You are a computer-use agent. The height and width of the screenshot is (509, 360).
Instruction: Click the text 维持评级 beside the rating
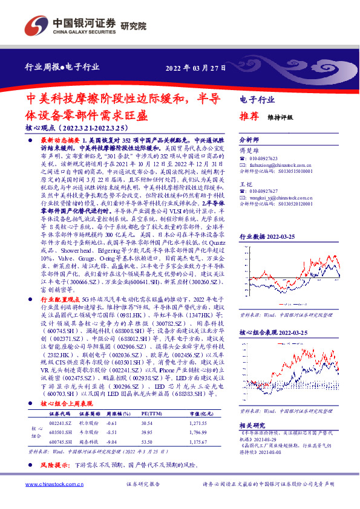(x=280, y=117)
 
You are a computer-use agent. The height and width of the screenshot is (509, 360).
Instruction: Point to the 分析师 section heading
(x=249, y=138)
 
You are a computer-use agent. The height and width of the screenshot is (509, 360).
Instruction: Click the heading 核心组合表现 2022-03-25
(x=274, y=333)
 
